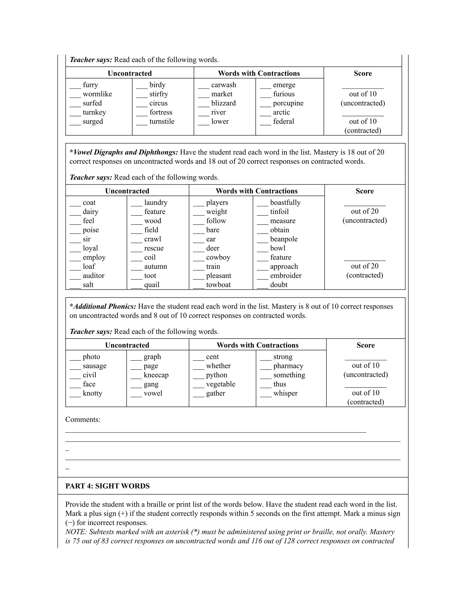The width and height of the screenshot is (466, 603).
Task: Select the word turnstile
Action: pyautogui.click(x=162, y=122)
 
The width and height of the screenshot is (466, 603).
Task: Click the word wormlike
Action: pyautogui.click(x=97, y=94)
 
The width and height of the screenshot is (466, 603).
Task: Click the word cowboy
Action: pyautogui.click(x=218, y=257)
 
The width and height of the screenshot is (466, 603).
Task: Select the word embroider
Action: pyautogui.click(x=286, y=276)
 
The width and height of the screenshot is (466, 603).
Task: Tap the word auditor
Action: pyautogui.click(x=93, y=276)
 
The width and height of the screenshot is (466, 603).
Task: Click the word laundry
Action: pyautogui.click(x=156, y=203)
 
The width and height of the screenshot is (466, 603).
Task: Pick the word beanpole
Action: pyautogui.click(x=284, y=239)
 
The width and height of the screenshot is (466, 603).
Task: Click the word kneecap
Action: pyautogui.click(x=156, y=375)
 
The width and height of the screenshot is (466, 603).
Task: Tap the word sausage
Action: pyautogui.click(x=94, y=366)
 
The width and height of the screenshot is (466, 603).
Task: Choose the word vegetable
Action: pyautogui.click(x=220, y=384)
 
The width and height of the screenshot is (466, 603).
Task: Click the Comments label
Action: pyautogui.click(x=83, y=420)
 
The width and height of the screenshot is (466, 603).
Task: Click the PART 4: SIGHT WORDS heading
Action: pyautogui.click(x=107, y=486)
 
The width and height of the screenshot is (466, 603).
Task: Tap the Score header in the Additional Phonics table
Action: pyautogui.click(x=365, y=345)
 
